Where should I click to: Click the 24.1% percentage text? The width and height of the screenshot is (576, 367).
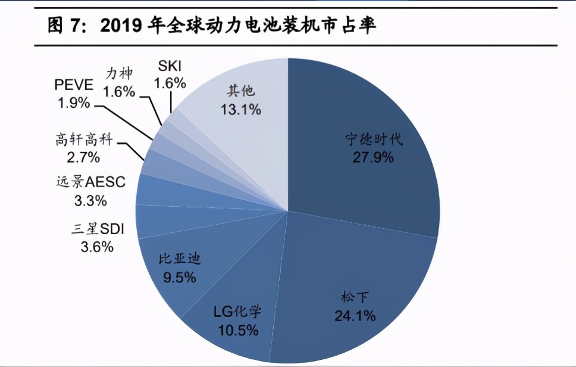pyautogui.click(x=355, y=316)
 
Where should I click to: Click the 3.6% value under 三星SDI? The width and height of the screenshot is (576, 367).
pyautogui.click(x=96, y=246)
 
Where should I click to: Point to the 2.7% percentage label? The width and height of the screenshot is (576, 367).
pyautogui.click(x=83, y=158)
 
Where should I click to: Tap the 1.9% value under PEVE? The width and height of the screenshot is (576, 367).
pyautogui.click(x=74, y=102)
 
